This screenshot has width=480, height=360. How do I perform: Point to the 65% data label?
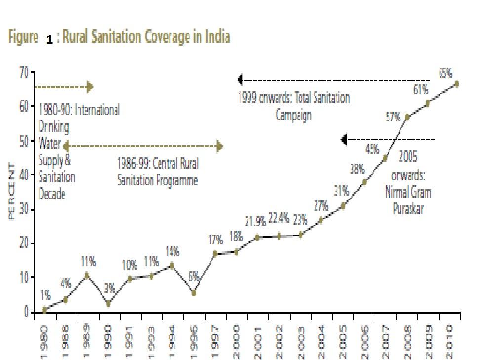(445, 74)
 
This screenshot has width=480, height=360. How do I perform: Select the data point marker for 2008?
(407, 117)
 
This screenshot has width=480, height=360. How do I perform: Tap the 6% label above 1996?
(194, 277)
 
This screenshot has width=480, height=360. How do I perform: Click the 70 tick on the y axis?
(24, 72)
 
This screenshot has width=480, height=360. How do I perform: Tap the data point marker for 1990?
(108, 303)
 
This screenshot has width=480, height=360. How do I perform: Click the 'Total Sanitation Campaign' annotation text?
(294, 106)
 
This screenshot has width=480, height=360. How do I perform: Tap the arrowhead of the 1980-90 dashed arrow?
(90, 87)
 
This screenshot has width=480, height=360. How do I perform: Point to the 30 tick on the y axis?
(24, 210)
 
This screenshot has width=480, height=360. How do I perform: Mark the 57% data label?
(393, 117)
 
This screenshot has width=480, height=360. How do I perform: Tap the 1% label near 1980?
(45, 295)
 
